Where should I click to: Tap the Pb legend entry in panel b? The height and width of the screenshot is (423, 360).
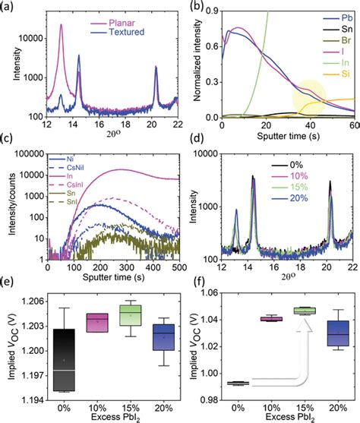(x=340, y=15)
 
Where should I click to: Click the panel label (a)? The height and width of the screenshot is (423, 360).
(x=11, y=7)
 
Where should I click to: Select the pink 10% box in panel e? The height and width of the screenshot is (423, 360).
(x=95, y=323)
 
